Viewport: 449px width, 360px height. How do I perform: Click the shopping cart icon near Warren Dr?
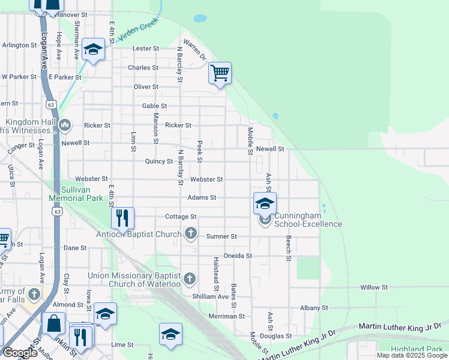click(x=220, y=73)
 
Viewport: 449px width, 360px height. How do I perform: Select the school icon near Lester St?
click(x=93, y=49)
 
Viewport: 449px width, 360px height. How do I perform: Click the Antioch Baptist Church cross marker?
click(x=191, y=233)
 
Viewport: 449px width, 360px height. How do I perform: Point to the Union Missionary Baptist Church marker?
click(x=190, y=277)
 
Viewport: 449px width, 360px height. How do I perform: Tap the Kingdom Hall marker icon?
click(x=65, y=125)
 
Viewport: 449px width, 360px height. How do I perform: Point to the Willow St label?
click(x=375, y=287)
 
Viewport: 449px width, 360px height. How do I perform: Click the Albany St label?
click(x=315, y=308)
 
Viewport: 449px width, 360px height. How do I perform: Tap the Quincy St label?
click(x=158, y=161)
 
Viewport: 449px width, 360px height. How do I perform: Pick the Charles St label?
click(x=142, y=68)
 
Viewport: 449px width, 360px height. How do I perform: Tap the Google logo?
click(x=19, y=353)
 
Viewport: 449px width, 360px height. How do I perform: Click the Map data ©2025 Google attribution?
click(x=411, y=355)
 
